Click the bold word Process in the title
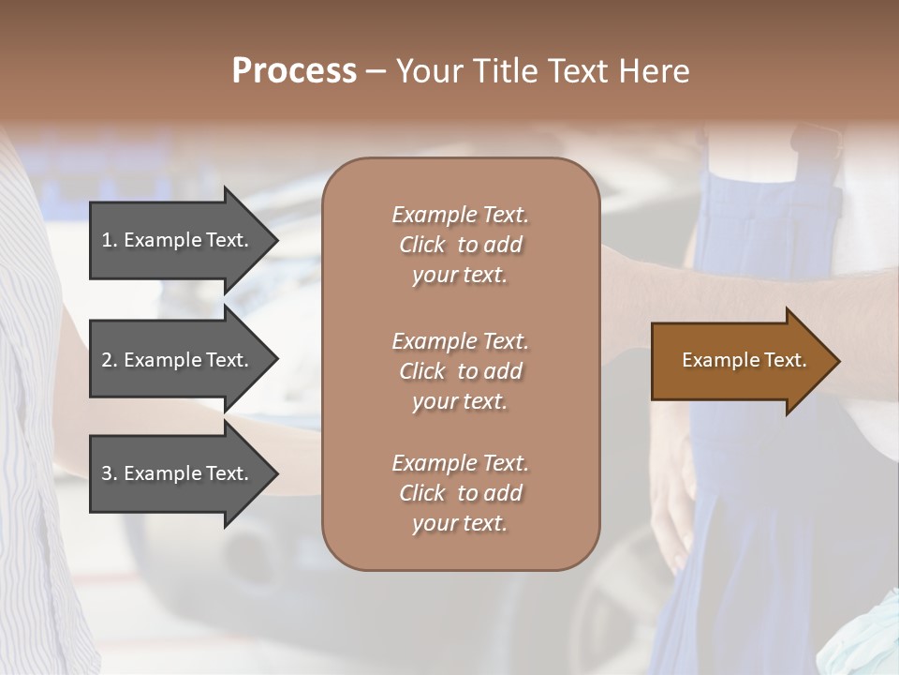294,71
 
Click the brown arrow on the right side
740,360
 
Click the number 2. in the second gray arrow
110,360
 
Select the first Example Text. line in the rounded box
460,215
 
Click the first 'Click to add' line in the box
460,245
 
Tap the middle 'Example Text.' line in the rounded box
460,341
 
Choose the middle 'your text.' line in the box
460,401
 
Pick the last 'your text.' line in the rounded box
460,523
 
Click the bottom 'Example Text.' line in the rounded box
460,463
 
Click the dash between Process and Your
376,71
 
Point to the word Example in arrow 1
160,240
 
